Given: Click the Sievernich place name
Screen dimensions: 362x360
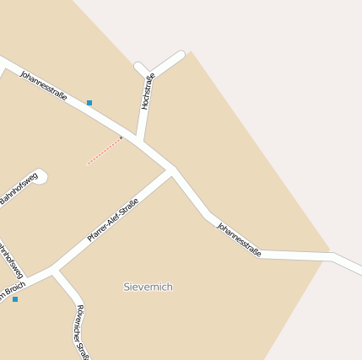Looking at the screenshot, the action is pos(148,287).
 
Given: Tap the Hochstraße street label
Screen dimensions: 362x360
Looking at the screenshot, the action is pos(148,92).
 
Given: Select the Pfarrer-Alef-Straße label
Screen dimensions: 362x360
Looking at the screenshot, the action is pos(113,220).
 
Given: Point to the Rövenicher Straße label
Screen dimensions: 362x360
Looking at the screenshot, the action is pos(82,331).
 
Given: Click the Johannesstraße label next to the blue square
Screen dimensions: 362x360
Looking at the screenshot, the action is pos(43,86).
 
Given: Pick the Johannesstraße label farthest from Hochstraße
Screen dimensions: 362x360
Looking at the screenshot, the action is pos(239,239).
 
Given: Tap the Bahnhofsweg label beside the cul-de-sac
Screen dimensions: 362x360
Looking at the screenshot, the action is pos(19,191).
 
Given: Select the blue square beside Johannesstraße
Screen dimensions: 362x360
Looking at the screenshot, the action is pos(89,103).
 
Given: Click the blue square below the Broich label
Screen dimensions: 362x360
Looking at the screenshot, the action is pos(15,299).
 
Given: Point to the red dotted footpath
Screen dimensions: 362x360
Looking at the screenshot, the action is pos(105,151).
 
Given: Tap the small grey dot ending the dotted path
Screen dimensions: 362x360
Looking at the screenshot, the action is pos(121,137).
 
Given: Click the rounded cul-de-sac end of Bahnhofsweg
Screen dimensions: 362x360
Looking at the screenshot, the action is pos(42,176).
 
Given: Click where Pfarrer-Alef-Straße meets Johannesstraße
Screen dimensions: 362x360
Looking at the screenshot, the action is pos(172,171).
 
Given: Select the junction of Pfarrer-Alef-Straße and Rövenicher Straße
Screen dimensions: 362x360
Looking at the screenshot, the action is pos(55,271).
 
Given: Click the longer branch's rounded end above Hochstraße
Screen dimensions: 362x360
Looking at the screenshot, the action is pos(180,56).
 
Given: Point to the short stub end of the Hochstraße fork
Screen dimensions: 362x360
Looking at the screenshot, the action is pos(138,66).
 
